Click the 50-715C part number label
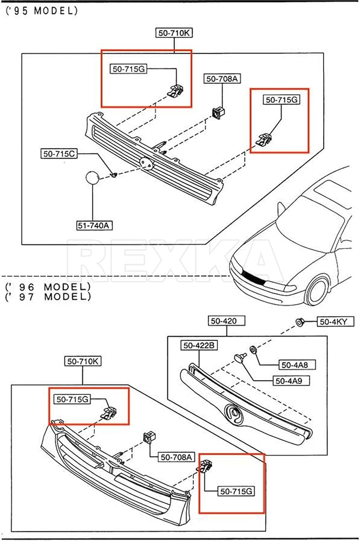click(x=58, y=154)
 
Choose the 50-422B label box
click(x=199, y=345)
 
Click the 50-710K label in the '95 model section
click(x=174, y=33)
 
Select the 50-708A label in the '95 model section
click(x=222, y=78)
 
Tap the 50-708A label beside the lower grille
click(x=176, y=457)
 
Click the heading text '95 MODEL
click(x=42, y=11)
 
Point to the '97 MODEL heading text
click(x=48, y=296)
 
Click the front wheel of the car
click(x=317, y=291)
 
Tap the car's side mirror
click(x=281, y=208)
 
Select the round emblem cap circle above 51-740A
click(x=93, y=177)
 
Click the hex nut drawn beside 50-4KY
click(x=299, y=322)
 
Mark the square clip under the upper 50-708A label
click(x=219, y=113)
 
